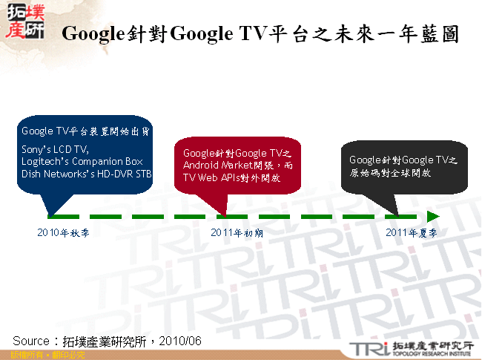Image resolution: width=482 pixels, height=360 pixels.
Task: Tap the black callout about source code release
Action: point(403,166)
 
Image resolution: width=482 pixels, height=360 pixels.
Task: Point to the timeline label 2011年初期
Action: point(237,232)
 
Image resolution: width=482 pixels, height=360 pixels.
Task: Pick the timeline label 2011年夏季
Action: point(411,232)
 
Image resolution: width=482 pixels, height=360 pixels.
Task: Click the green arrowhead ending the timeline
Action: point(433,216)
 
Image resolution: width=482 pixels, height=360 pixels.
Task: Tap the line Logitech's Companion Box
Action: point(81,161)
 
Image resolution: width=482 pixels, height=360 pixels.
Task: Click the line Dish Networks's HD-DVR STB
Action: point(86,173)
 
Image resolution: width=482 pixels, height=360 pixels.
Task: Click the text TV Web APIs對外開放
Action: point(231,178)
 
